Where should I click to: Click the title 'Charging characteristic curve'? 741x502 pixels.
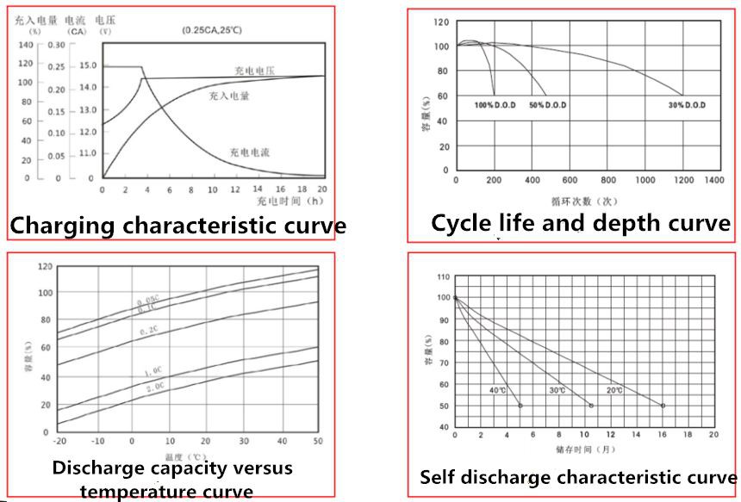pos(178,226)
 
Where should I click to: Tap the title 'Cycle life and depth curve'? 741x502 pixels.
pos(581,224)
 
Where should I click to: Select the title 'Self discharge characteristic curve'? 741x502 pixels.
pos(578,477)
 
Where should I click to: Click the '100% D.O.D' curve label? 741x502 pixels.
pos(494,105)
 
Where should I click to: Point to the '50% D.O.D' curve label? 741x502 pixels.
pos(548,105)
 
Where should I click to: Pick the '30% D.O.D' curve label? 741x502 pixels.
pos(687,105)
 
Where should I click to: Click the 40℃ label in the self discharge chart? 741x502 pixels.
pos(498,390)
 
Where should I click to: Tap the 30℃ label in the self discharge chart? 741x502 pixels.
pos(557,390)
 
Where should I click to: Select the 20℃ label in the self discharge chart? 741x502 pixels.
pos(615,390)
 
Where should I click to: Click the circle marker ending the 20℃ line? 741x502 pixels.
pos(663,406)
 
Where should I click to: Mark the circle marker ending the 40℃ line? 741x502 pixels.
pos(520,406)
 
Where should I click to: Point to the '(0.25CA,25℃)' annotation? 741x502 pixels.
pos(211,30)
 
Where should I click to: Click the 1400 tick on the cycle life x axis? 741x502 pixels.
pos(713,180)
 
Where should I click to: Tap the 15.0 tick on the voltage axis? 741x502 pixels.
pos(88,66)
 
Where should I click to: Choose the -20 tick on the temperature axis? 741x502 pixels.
pos(59,440)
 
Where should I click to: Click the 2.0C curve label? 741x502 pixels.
pos(155,387)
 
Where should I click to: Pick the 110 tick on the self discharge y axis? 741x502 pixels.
pos(444,276)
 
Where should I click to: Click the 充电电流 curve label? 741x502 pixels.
pos(250,152)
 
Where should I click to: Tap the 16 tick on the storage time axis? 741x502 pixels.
pos(662,435)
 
